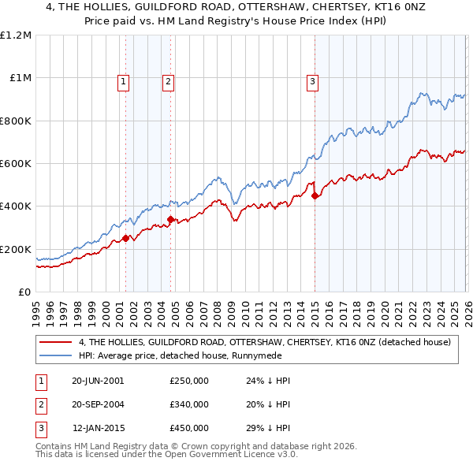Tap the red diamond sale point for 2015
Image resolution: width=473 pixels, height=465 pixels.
(315, 196)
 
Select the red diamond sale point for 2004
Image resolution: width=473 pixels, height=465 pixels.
(170, 220)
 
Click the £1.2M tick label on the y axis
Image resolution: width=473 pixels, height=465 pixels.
(16, 35)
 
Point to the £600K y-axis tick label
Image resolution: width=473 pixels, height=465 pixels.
(16, 164)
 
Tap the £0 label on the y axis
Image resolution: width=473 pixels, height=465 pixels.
(24, 292)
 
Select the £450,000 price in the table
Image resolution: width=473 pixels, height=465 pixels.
(188, 428)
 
